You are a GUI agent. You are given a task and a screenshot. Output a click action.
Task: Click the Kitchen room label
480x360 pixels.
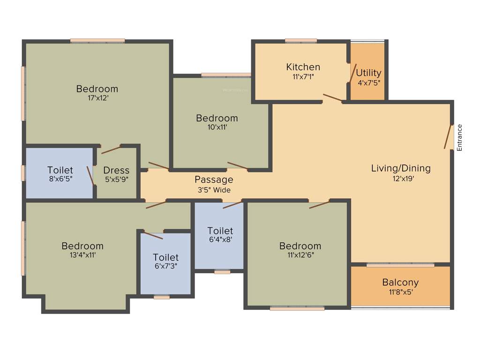[303, 67]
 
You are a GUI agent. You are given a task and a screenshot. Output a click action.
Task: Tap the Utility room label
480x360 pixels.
[368, 73]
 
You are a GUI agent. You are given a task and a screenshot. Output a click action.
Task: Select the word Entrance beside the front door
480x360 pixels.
[459, 137]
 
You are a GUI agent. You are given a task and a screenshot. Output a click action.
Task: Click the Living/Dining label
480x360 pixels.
[401, 168]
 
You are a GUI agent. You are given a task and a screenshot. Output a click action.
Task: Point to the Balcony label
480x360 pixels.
[400, 283]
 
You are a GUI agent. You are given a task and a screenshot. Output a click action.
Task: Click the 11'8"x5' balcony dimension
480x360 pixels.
[400, 292]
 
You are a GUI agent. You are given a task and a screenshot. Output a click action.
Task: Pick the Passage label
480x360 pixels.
[214, 180]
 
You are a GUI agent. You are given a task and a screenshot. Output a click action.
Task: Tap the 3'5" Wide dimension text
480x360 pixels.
[214, 189]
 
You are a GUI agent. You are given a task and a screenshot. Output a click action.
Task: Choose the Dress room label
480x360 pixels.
[116, 170]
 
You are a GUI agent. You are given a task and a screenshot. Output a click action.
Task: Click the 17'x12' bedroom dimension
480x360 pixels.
[97, 98]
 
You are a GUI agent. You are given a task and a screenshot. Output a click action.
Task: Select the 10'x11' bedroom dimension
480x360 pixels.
[217, 127]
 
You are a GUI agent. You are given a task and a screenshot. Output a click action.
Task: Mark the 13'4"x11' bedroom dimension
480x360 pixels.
[82, 255]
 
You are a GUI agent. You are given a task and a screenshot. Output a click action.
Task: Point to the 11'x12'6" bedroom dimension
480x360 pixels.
[300, 255]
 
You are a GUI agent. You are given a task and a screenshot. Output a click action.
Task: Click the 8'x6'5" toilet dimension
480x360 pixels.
[60, 179]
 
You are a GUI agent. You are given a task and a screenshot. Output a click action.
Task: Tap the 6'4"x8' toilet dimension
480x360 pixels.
[220, 240]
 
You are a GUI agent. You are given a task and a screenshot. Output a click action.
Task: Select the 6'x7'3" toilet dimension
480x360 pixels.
[166, 266]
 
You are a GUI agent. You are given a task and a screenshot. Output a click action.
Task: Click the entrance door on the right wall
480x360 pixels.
[448, 137]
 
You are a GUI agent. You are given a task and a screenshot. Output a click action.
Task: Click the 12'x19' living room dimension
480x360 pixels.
[401, 178]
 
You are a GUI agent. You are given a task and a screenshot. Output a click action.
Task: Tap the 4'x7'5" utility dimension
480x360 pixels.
[368, 82]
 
